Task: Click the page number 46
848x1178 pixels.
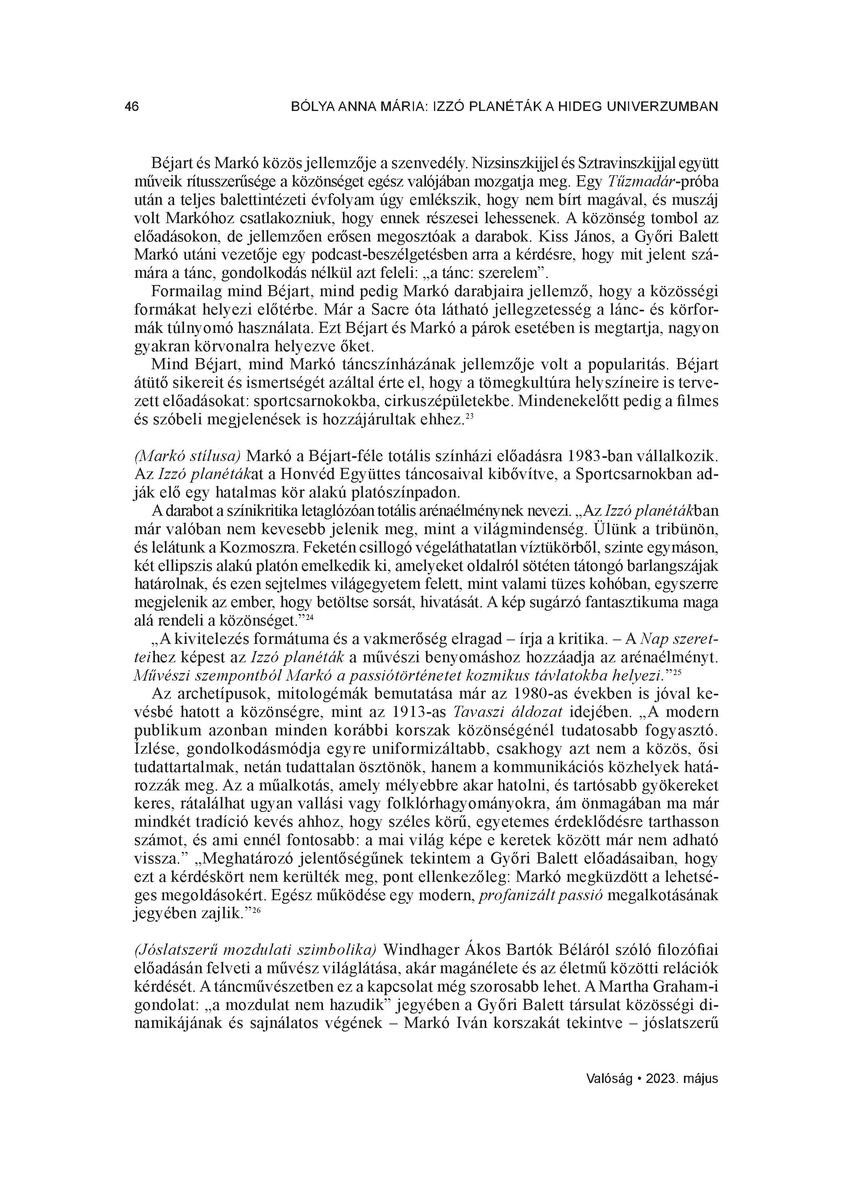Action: coord(132,107)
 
